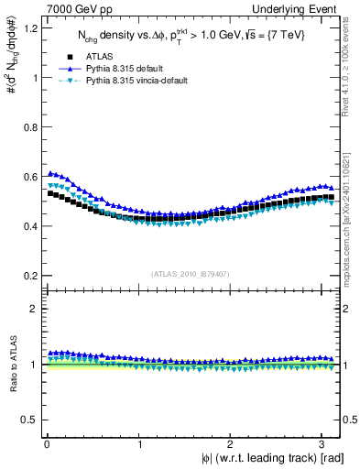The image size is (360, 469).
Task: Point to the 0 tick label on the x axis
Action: point(47,444)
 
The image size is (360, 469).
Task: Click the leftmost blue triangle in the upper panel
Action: point(50,173)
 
